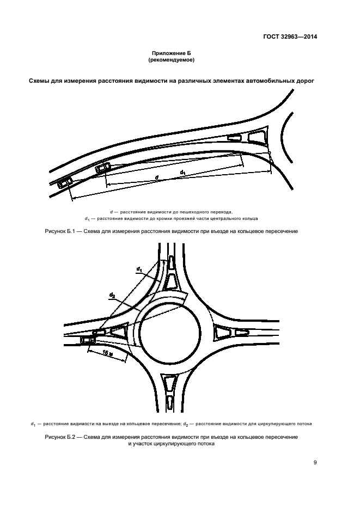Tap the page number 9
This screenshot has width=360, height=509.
pyautogui.click(x=315, y=463)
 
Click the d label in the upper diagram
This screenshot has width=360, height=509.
pyautogui.click(x=156, y=178)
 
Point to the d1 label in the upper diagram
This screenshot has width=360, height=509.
pyautogui.click(x=183, y=173)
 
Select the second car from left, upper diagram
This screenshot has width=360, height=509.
pyautogui.click(x=102, y=167)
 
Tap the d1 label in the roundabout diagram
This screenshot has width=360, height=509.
pyautogui.click(x=140, y=269)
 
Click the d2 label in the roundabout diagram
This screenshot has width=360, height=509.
pyautogui.click(x=112, y=296)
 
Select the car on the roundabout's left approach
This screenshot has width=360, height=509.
pyautogui.click(x=87, y=340)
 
